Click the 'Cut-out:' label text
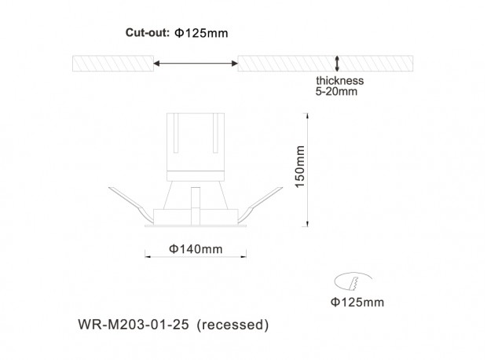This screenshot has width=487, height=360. coord(147,33)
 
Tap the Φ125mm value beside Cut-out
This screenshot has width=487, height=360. coord(201,33)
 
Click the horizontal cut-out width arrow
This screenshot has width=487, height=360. coord(196,64)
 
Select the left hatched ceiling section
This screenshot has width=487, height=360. coord(113,64)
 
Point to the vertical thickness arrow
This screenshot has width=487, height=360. coord(337,64)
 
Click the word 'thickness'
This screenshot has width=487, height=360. coord(340,80)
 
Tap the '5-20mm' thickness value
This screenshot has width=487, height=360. coord(336,91)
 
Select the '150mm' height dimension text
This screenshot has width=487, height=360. coord(300,167)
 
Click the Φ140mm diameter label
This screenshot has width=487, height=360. coord(196,249)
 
